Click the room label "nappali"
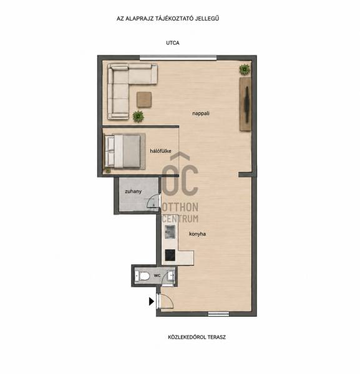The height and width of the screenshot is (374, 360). click(201, 113)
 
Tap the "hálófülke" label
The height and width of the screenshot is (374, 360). click(160, 151)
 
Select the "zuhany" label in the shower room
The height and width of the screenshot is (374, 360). click(134, 191)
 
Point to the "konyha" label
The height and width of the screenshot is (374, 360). click(197, 234)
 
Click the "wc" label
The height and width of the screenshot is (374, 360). click(157, 276)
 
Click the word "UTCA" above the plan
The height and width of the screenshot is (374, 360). click(173, 43)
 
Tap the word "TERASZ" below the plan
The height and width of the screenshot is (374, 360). click(216, 337)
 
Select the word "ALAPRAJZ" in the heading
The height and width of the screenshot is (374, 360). click(141, 18)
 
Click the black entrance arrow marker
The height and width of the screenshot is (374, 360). click(152, 302)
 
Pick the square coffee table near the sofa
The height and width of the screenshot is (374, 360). click(144, 100)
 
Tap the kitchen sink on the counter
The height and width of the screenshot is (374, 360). click(170, 232)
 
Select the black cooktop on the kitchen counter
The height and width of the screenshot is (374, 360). click(170, 255)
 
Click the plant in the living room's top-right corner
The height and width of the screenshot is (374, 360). click(245, 69)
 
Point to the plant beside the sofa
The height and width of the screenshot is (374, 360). click(139, 117)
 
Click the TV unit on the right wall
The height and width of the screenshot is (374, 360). click(245, 104)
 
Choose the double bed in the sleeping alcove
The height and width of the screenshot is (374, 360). click(125, 151)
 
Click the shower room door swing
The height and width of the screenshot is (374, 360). click(153, 202)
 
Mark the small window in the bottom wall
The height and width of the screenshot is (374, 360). click(218, 314)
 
